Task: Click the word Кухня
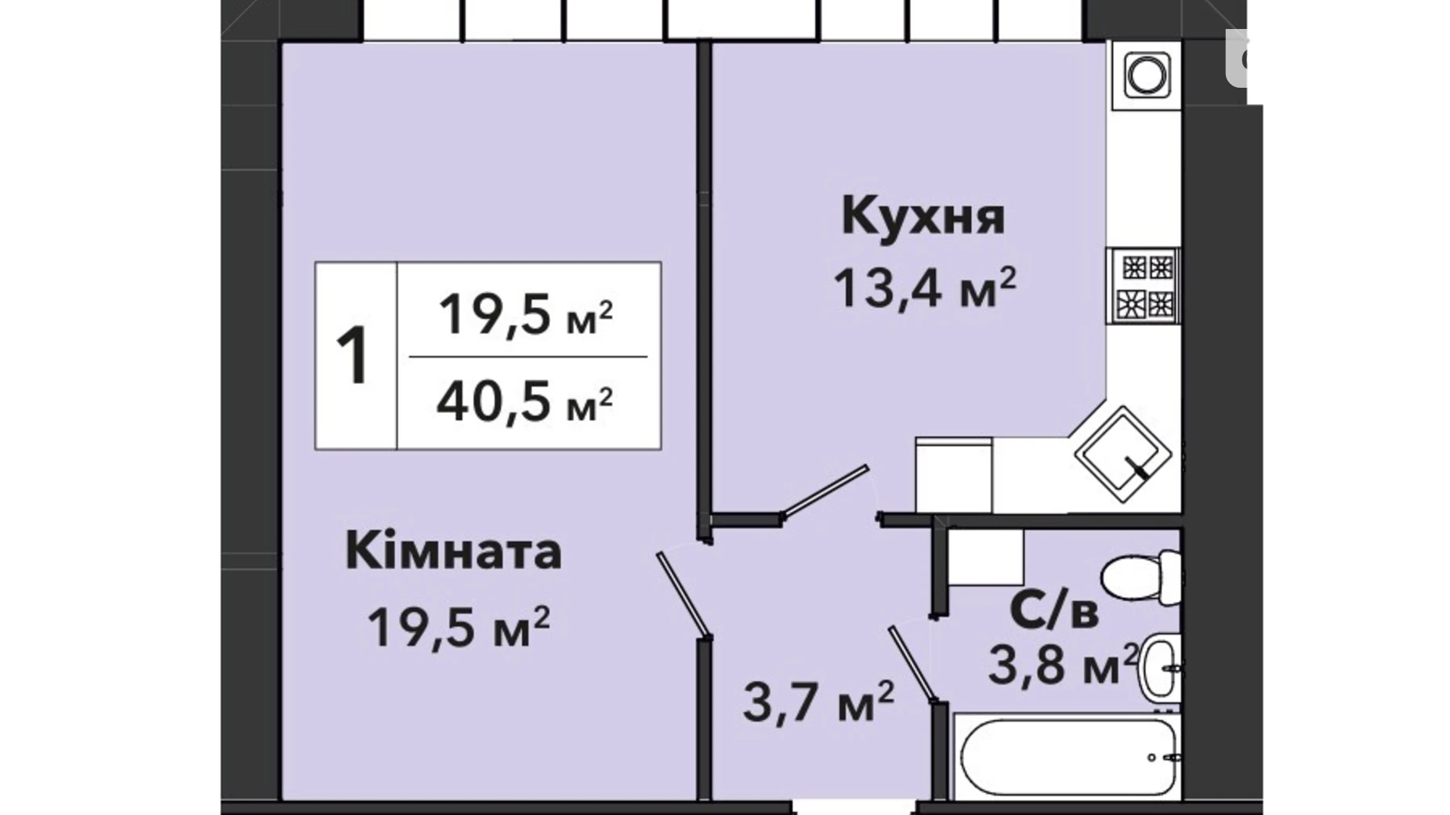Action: click(x=923, y=216)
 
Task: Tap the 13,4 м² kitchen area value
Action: click(x=924, y=287)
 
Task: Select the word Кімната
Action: click(x=454, y=551)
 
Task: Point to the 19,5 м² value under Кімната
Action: click(x=459, y=627)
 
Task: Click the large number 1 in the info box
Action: click(x=353, y=355)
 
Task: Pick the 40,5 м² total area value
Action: click(x=524, y=402)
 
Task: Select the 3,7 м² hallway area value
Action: click(x=817, y=701)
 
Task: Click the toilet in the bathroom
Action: click(x=1141, y=578)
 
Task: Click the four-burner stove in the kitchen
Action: click(x=1144, y=285)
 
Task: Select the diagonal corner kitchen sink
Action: click(x=1122, y=454)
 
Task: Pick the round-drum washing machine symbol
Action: click(x=1147, y=75)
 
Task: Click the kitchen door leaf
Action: click(x=825, y=491)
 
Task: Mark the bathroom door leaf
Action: click(x=913, y=664)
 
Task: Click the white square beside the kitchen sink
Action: click(x=954, y=475)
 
